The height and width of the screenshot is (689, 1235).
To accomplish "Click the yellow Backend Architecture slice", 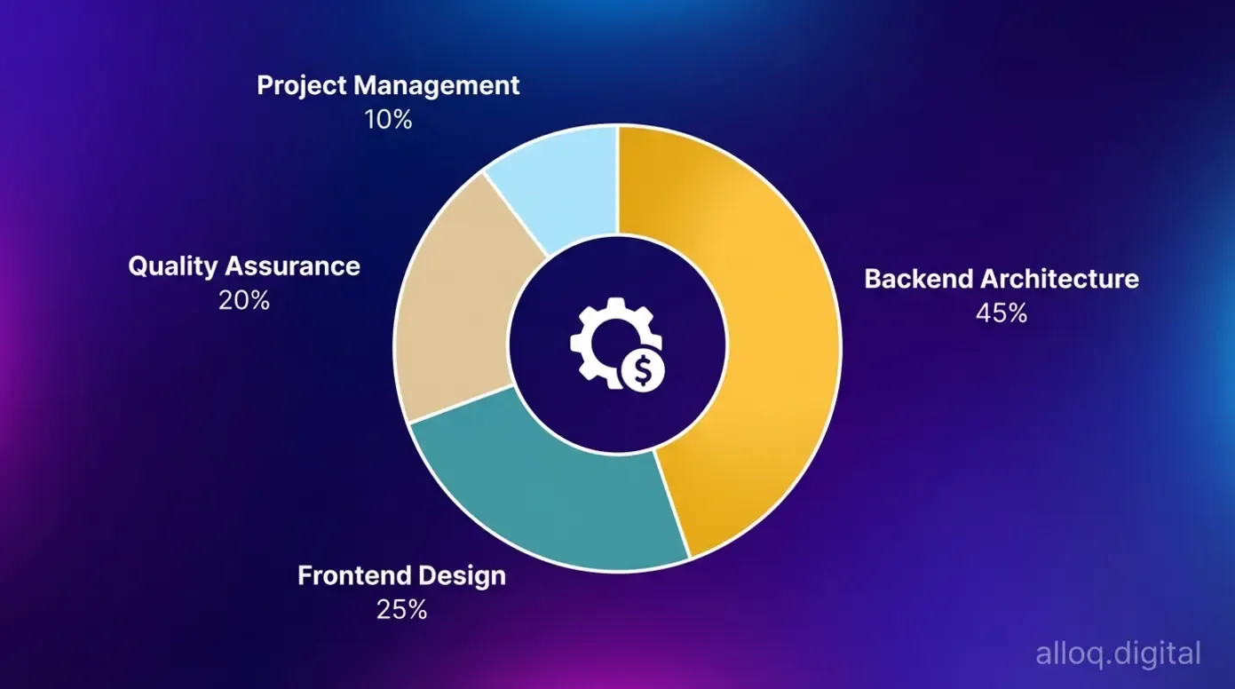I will point(772,337).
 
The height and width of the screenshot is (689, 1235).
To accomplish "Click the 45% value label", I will point(1001,313).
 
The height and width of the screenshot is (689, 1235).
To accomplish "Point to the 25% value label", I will point(401,610).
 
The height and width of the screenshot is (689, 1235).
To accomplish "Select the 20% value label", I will point(244,301).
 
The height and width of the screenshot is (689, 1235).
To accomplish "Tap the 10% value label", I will point(388,120).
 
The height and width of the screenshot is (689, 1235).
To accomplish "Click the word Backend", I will point(918,279).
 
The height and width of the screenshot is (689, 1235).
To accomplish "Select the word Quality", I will point(172,265).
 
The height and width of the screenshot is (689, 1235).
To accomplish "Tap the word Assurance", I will point(292,265).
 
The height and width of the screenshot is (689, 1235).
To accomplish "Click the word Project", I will point(301,85).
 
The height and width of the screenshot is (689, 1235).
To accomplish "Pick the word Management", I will point(436,85).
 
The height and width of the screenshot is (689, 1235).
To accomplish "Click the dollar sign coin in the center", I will point(643,370).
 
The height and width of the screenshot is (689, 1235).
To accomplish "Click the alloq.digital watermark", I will point(1118,654).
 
